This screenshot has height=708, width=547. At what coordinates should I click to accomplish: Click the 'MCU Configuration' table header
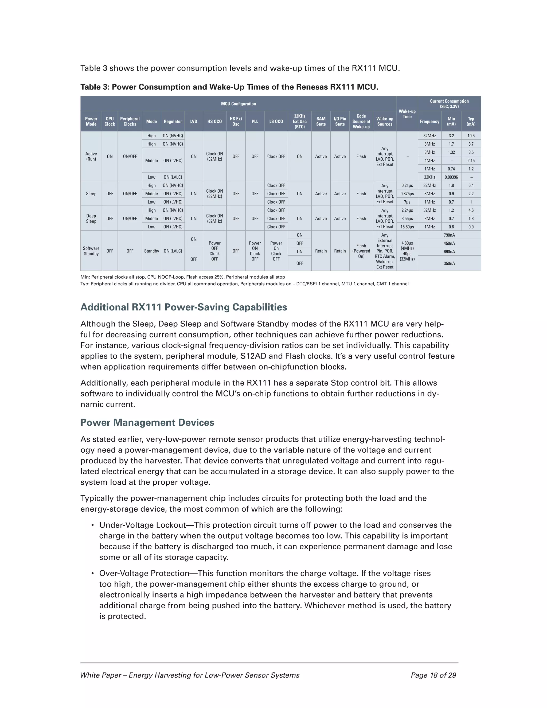[x=238, y=104]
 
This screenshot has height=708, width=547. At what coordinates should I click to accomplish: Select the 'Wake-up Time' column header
[x=407, y=114]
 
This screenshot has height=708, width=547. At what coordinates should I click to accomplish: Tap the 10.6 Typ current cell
[x=471, y=136]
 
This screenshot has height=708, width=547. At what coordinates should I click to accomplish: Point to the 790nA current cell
[x=449, y=235]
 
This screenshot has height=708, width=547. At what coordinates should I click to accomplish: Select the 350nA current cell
[x=449, y=263]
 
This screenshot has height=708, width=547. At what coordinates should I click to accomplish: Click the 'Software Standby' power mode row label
[x=91, y=251]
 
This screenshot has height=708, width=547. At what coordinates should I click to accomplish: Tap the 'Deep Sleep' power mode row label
[x=91, y=219]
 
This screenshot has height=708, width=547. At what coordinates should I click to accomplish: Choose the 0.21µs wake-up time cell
[x=407, y=185]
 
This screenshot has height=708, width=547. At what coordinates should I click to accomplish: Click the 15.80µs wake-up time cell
[x=407, y=227]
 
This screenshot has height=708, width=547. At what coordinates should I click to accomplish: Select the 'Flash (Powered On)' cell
[x=361, y=251]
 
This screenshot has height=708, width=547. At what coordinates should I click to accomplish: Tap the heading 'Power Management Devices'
[x=147, y=423]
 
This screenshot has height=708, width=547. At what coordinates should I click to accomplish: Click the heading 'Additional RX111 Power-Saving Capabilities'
[x=183, y=307]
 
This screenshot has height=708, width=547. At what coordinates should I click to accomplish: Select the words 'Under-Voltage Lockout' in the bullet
[x=143, y=525]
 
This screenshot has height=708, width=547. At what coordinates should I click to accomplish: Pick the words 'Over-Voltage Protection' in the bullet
[x=144, y=573]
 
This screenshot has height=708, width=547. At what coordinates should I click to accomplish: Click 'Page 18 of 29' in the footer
[x=433, y=675]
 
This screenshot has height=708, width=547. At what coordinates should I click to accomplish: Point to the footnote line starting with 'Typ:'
[x=244, y=284]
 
